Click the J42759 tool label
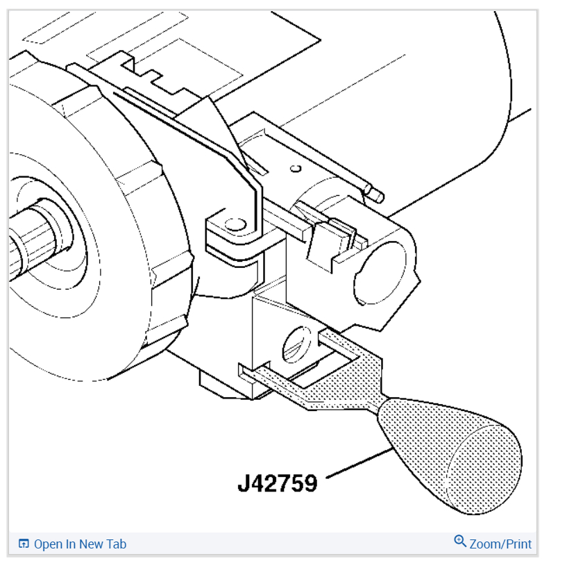(278, 483)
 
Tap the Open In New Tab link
(80, 544)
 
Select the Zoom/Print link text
(500, 544)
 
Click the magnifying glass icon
(460, 542)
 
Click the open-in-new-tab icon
(24, 544)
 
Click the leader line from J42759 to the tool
(359, 463)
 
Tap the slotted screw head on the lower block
(297, 344)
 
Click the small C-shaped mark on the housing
(296, 169)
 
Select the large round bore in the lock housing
(380, 273)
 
